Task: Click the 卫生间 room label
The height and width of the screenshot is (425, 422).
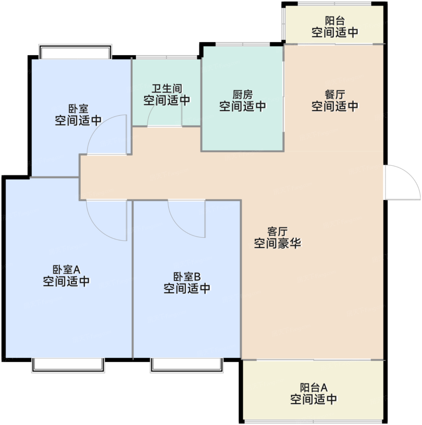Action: [167, 89]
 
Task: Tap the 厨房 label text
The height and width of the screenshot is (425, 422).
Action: [242, 95]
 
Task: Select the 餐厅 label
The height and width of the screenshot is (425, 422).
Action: [335, 95]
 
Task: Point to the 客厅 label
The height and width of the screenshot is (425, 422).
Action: [277, 232]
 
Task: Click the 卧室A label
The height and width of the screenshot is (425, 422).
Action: [66, 270]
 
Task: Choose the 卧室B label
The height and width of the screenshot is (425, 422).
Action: [187, 277]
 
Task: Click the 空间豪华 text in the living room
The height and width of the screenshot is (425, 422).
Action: [277, 243]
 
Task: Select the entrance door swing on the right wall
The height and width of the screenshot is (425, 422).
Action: [402, 182]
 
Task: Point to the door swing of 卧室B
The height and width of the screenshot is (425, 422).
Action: [186, 219]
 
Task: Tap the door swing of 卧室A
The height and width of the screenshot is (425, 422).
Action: [106, 221]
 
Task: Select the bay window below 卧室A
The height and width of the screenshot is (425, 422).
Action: [68, 365]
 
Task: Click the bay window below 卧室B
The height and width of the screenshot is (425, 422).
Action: [187, 365]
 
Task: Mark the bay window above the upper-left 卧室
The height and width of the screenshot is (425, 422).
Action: [75, 52]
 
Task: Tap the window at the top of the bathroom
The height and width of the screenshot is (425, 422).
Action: [166, 57]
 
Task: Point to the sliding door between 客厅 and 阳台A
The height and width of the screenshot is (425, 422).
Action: [314, 360]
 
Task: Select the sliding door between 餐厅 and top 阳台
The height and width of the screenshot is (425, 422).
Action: [335, 44]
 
